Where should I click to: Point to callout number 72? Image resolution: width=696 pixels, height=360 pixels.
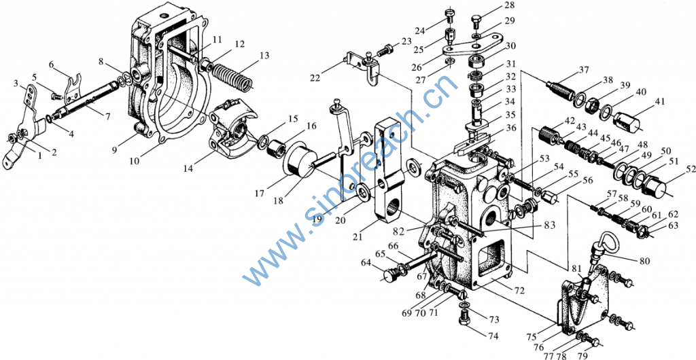[519, 291]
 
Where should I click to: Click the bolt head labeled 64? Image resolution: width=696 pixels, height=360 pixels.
[389, 275]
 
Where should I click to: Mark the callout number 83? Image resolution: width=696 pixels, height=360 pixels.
[549, 226]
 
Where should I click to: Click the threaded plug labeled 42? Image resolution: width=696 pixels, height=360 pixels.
[551, 134]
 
